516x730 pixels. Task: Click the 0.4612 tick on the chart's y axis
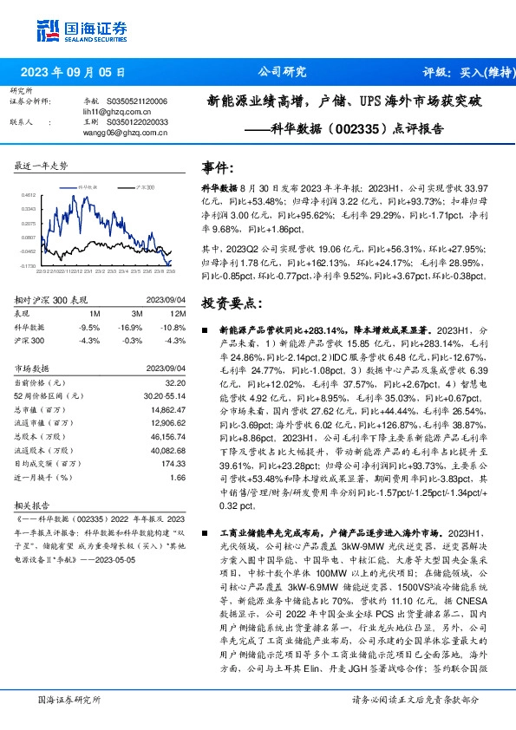(28, 195)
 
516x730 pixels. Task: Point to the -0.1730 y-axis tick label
(27, 265)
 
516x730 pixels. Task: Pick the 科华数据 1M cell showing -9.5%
(88, 329)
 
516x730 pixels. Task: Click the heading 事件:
(217, 166)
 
